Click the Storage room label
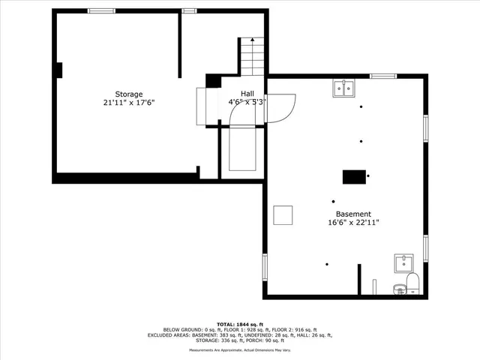pyautogui.click(x=129, y=94)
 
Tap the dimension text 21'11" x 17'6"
pyautogui.click(x=129, y=103)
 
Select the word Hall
pyautogui.click(x=247, y=93)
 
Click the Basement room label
pyautogui.click(x=353, y=214)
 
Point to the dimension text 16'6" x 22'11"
pyautogui.click(x=353, y=223)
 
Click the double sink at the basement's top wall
pyautogui.click(x=345, y=88)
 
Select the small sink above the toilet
pyautogui.click(x=404, y=263)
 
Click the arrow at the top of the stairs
pyautogui.click(x=253, y=39)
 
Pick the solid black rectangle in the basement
pyautogui.click(x=354, y=176)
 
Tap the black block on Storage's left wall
pyautogui.click(x=57, y=70)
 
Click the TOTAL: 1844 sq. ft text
pyautogui.click(x=240, y=323)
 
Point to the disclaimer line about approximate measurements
pyautogui.click(x=240, y=350)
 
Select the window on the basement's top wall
pyautogui.click(x=383, y=76)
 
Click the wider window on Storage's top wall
pyautogui.click(x=101, y=10)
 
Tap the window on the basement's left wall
pyautogui.click(x=265, y=266)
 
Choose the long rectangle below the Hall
pyautogui.click(x=242, y=151)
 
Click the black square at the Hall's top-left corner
pyautogui.click(x=212, y=80)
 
